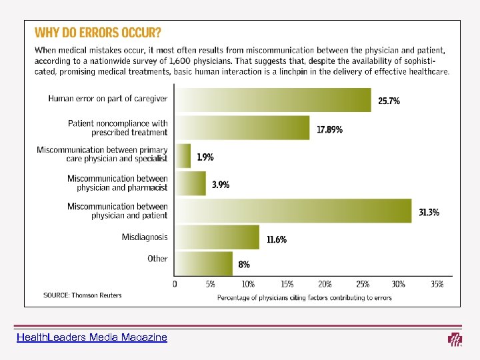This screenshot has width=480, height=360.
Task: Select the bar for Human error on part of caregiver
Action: click(273, 99)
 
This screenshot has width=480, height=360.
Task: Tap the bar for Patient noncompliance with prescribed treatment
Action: click(242, 127)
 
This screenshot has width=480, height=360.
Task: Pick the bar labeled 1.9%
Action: click(183, 155)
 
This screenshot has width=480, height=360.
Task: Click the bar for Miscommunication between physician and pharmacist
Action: click(190, 183)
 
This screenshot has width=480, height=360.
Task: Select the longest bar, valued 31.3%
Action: click(293, 211)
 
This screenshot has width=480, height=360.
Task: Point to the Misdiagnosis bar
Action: click(217, 237)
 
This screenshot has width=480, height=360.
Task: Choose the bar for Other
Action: click(203, 263)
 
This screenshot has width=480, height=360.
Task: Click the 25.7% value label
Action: click(389, 101)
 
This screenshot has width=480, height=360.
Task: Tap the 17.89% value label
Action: click(329, 130)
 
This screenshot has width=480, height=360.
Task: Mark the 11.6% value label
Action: click(277, 240)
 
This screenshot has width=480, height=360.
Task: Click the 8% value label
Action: click(244, 265)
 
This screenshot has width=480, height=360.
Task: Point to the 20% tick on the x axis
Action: click(325, 284)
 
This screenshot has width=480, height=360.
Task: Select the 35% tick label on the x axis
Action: click(437, 284)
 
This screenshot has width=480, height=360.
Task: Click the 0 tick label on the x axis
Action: click(175, 284)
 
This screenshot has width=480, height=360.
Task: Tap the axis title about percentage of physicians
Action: click(305, 297)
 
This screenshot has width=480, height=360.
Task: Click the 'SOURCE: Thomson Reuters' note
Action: click(83, 295)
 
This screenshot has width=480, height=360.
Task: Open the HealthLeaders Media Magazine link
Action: click(93, 338)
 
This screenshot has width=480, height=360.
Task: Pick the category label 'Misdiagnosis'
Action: click(145, 237)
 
